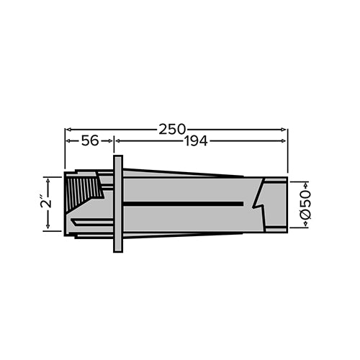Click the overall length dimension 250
(x=176, y=129)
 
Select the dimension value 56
(x=89, y=142)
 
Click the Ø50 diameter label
(x=305, y=204)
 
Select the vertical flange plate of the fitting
(x=118, y=204)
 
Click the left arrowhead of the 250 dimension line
(x=68, y=130)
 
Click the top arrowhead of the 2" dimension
(x=48, y=179)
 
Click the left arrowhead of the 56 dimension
(x=68, y=142)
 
